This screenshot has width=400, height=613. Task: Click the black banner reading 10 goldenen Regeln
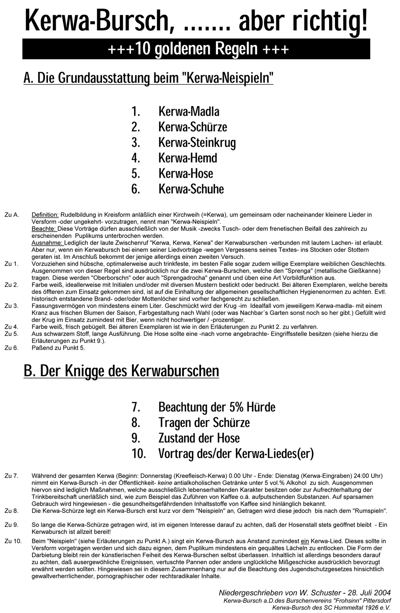coord(196,49)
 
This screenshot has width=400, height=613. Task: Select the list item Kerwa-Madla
coord(189,111)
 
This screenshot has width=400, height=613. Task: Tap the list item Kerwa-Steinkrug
coord(197,142)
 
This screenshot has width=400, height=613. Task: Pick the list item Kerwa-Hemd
coord(188,158)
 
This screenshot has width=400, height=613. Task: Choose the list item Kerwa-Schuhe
coord(191,189)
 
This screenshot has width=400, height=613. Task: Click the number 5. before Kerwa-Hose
coord(135,174)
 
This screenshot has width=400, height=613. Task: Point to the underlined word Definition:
coord(45,215)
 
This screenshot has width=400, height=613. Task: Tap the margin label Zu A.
coord(12,215)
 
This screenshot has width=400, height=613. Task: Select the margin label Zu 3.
coord(11,306)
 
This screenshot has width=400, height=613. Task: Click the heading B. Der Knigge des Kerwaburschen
coord(121,371)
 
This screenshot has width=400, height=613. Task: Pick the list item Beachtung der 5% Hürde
coord(217,407)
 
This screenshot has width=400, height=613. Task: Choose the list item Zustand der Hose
coord(199,438)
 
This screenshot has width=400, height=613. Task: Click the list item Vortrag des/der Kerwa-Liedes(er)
coord(236,453)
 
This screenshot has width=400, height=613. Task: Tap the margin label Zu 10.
coord(13,541)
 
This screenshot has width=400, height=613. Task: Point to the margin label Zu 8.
coord(11,511)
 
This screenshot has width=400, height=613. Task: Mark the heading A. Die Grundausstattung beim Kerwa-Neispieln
coord(148,78)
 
